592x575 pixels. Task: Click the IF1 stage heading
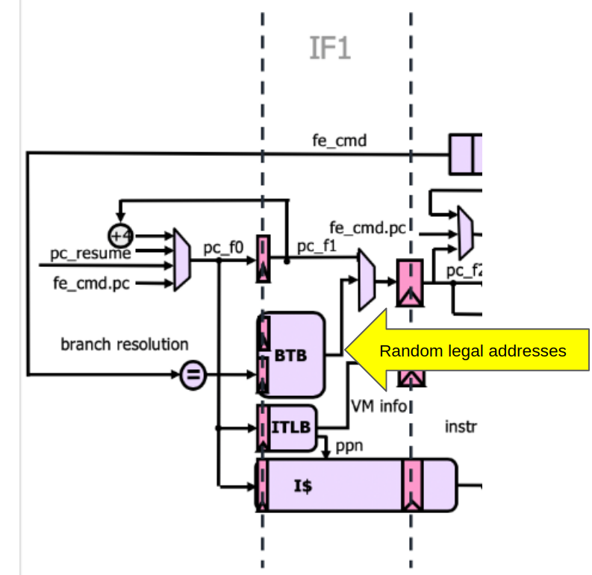point(329,48)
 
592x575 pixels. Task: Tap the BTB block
point(291,355)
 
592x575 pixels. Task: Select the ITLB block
point(287,429)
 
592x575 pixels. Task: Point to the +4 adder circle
point(120,236)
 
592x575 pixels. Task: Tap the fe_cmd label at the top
point(339,140)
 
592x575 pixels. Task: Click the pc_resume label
point(90,254)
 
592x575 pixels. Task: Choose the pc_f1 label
point(317,245)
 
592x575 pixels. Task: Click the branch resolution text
point(124,345)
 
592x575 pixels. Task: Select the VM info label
point(379,406)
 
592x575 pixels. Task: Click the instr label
point(461,427)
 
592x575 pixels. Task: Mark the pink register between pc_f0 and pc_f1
point(264,259)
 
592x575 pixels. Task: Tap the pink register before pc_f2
point(409,283)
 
